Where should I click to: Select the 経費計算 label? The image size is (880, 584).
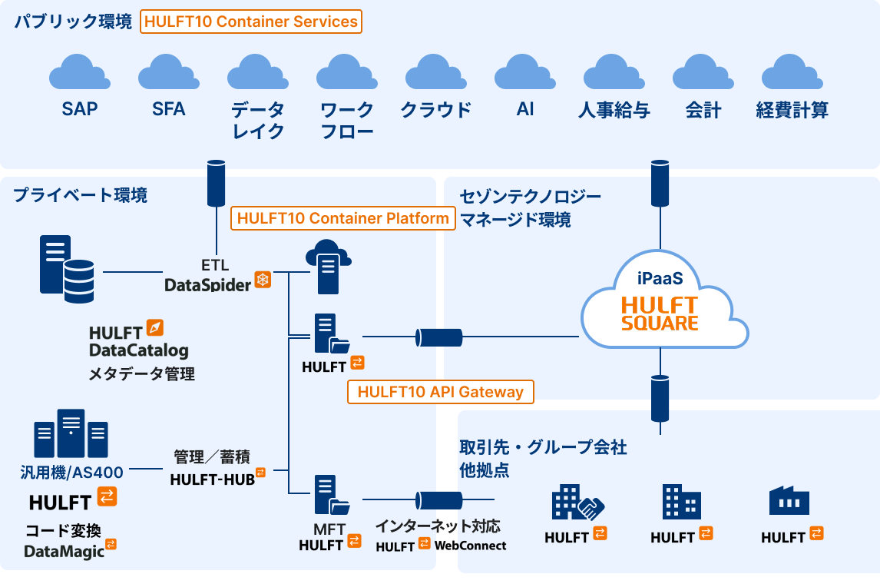(792, 110)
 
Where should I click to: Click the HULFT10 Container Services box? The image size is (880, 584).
(251, 22)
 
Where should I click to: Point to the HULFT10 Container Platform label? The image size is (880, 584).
(342, 218)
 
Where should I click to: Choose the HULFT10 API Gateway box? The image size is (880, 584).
(441, 392)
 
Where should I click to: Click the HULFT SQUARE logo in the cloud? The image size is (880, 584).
(660, 314)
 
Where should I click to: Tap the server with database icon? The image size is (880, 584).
(67, 269)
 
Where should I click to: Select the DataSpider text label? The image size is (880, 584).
(208, 285)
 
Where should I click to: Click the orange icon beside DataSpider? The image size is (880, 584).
(263, 280)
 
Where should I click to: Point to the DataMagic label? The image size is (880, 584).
(64, 551)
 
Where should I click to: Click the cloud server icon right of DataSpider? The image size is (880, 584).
(328, 266)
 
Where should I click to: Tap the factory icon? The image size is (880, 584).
(789, 501)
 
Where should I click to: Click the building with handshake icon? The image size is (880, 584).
(577, 504)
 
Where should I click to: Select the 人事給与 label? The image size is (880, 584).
(614, 110)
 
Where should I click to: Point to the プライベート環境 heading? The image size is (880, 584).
(80, 195)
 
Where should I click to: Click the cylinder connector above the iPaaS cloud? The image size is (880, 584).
(660, 182)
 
